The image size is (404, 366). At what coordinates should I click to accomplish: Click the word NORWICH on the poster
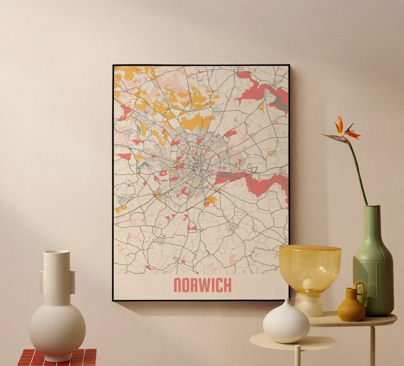point(202,285)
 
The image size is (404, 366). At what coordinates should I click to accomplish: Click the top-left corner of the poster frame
point(113,66)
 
